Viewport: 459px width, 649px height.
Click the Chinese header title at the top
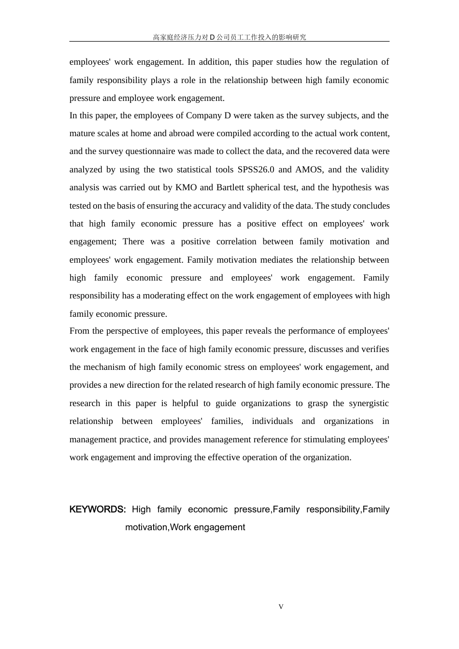coord(229,37)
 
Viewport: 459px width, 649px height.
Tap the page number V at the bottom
coord(281,607)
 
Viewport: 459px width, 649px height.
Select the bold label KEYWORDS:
coord(98,509)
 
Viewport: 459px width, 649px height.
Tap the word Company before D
coord(204,115)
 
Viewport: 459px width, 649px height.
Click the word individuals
coord(272,421)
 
